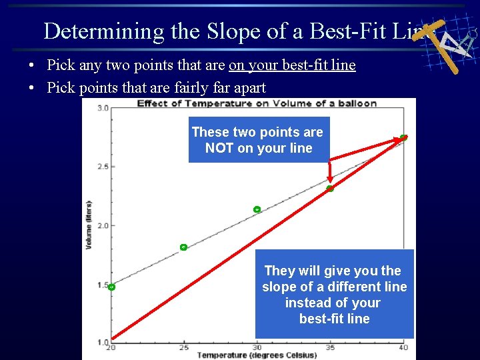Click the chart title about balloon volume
pos(257,103)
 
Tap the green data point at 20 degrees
pos(111,287)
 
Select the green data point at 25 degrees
pos(183,247)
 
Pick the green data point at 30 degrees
pos(257,209)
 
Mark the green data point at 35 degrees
pos(329,189)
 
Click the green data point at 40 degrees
pos(403,137)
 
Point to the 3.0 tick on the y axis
pos(103,108)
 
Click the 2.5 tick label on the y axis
pos(103,167)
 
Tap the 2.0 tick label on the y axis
pos(103,225)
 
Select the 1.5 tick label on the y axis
pos(103,285)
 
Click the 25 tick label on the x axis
pos(184,348)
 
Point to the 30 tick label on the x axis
pos(257,348)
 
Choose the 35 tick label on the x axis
pos(329,348)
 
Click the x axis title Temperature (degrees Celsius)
pos(257,355)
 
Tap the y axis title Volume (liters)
pos(89,225)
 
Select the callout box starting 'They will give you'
pos(334,294)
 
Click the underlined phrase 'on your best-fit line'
pos(292,65)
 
